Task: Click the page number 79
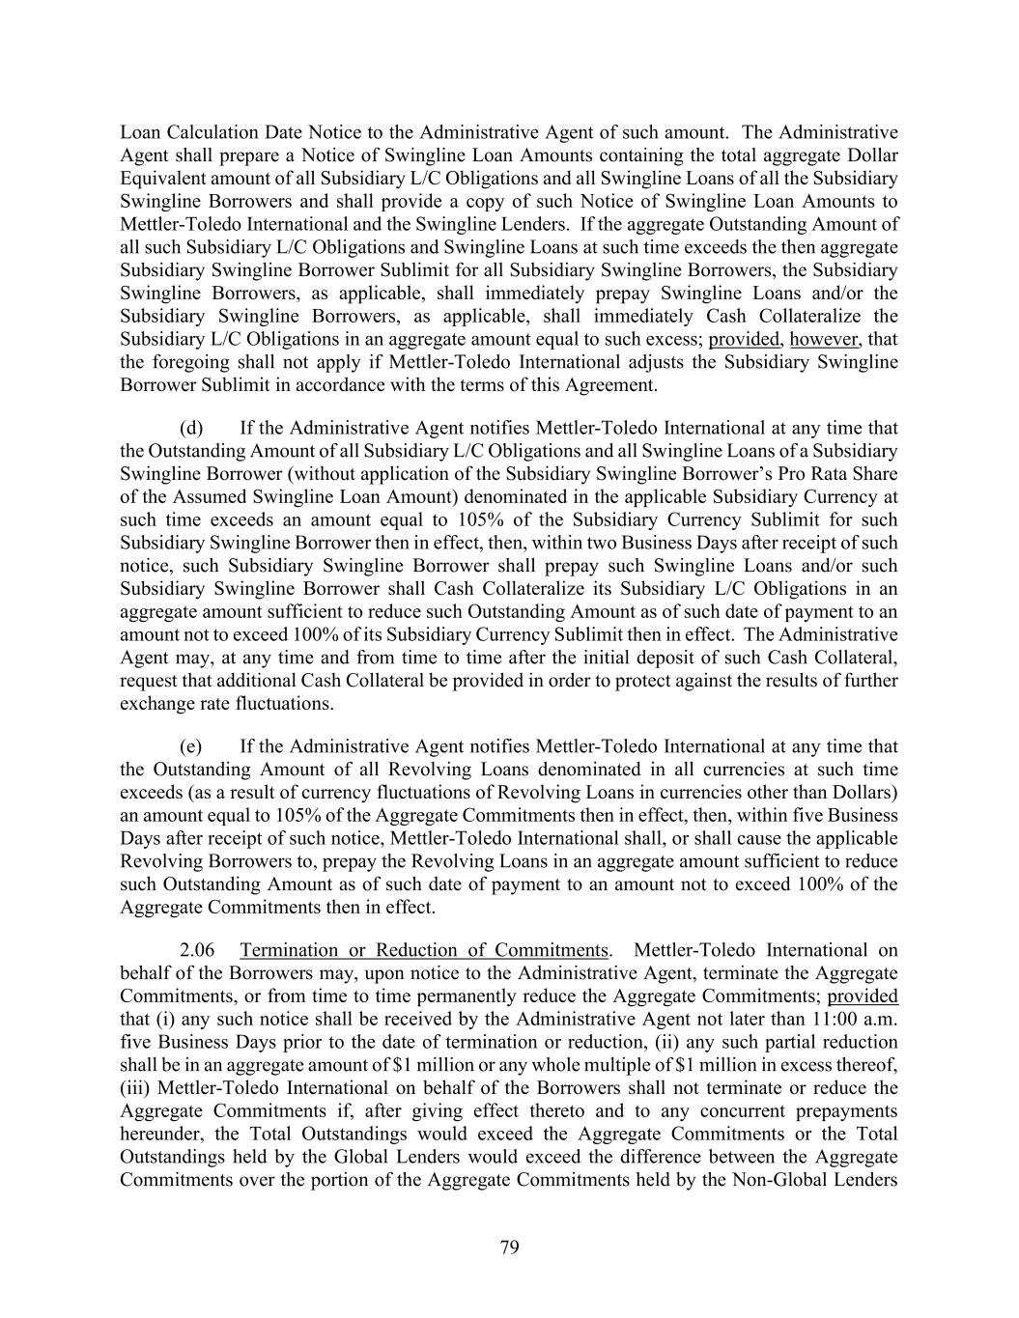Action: coord(509,1248)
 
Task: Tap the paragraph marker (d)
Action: coord(191,428)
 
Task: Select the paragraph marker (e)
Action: coord(191,746)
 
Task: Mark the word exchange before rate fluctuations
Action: coord(156,704)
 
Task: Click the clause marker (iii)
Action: coord(134,1088)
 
